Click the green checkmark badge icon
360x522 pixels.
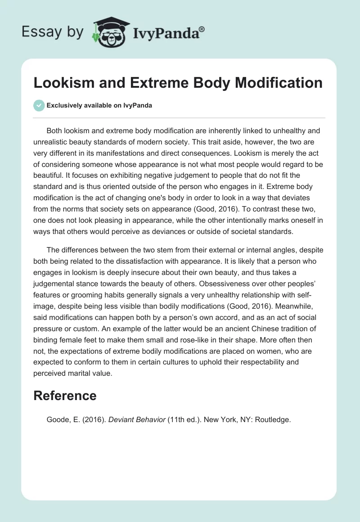[x=39, y=105]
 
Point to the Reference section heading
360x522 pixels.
[x=65, y=396]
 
